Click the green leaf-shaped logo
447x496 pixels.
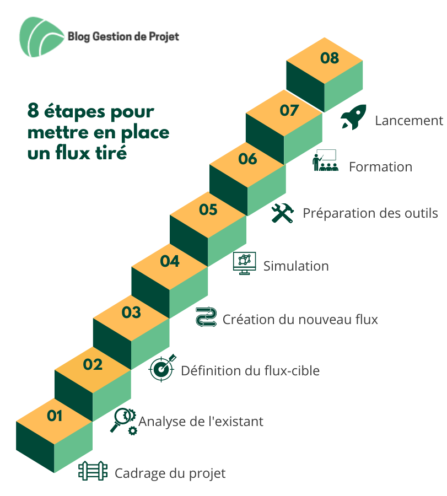41,37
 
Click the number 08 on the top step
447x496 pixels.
330,58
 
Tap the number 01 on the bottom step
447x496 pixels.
55,416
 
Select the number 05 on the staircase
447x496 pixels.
208,210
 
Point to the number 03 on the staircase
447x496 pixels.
131,312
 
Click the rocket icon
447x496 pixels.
353,117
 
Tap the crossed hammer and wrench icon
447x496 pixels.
283,213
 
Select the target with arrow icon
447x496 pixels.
163,368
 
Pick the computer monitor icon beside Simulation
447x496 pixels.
245,263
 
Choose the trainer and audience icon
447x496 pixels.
325,161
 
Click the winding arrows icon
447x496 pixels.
206,317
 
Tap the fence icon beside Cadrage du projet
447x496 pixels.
93,471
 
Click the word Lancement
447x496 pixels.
409,121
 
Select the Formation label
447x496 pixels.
380,167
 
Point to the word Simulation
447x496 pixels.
296,266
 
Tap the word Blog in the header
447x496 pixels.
79,37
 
